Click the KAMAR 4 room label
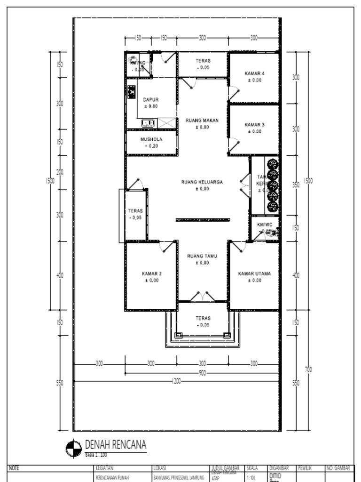tap(254, 73)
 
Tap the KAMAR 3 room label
tap(254, 125)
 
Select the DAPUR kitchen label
tap(151, 100)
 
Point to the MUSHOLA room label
tap(151, 139)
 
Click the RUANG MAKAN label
tap(202, 120)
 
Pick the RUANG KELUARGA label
tap(202, 182)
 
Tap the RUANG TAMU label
tap(202, 256)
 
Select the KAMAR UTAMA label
tap(254, 273)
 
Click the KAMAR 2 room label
tap(151, 273)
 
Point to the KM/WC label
tap(265, 225)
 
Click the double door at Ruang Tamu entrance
tap(202, 297)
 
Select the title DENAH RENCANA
tap(115, 445)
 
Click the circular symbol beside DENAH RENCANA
tap(74, 448)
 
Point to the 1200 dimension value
tap(176, 381)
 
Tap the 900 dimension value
tap(202, 373)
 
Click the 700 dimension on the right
tap(308, 370)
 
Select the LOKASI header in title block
tap(159, 468)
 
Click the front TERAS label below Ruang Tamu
tap(203, 318)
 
